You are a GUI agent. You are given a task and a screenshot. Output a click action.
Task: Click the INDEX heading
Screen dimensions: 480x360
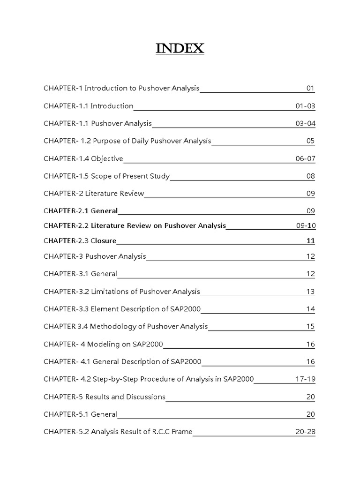click(180, 48)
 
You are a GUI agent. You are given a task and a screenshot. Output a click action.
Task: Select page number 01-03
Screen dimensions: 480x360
click(305, 106)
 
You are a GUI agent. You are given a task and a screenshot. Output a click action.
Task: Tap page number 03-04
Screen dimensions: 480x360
click(305, 124)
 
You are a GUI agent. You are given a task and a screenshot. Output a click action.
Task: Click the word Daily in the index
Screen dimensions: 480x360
click(141, 141)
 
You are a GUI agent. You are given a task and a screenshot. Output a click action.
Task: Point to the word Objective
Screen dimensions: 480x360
click(107, 159)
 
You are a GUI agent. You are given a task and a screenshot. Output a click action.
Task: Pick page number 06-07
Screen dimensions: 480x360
click(305, 159)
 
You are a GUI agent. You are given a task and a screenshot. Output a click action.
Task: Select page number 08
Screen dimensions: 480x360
click(310, 177)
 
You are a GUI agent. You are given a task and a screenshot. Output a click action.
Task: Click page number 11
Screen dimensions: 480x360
click(310, 241)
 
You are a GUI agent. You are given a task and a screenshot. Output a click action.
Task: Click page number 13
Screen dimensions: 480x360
click(310, 292)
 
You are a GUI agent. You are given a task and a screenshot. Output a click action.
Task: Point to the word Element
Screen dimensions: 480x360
click(104, 309)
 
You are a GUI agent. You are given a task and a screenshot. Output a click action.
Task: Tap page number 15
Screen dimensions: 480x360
click(310, 326)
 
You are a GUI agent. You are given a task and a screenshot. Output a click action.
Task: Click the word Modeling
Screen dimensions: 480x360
click(105, 345)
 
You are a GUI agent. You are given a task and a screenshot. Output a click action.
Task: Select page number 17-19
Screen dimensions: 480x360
click(305, 379)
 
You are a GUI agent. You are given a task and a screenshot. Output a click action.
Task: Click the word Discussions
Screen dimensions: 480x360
click(146, 397)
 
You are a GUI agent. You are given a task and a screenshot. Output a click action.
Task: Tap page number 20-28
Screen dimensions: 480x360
click(305, 432)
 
